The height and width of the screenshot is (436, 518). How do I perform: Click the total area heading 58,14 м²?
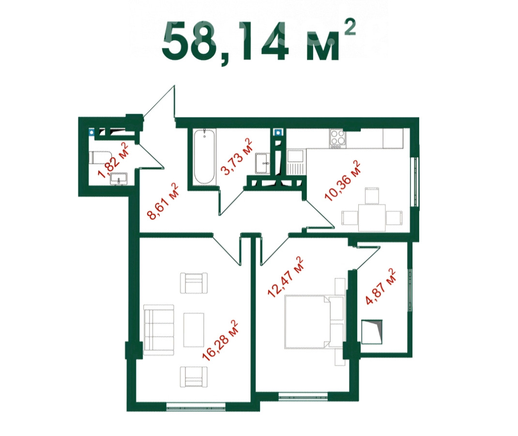(x=259, y=41)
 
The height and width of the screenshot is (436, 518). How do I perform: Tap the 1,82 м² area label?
(x=114, y=160)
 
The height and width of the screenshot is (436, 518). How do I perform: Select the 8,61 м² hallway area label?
(x=163, y=201)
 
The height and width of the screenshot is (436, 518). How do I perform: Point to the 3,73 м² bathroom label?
(x=237, y=156)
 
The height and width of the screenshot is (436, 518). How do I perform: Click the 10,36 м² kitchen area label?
(x=343, y=181)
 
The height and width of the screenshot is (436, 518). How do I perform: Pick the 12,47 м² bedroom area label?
(x=286, y=277)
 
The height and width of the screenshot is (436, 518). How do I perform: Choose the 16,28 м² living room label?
(x=220, y=340)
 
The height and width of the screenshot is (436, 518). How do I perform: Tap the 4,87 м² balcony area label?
(x=381, y=287)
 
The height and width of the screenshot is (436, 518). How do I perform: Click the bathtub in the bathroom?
(x=204, y=156)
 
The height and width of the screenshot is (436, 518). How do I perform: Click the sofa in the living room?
(x=159, y=330)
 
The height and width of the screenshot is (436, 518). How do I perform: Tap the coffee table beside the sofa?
(x=194, y=329)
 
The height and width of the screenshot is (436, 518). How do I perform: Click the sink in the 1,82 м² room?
(x=119, y=178)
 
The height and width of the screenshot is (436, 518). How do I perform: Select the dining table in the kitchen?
(x=372, y=217)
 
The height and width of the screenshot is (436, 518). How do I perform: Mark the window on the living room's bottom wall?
(x=196, y=407)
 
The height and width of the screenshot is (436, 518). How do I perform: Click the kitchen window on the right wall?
(x=414, y=181)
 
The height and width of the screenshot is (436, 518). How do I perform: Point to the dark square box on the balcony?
(x=372, y=332)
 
